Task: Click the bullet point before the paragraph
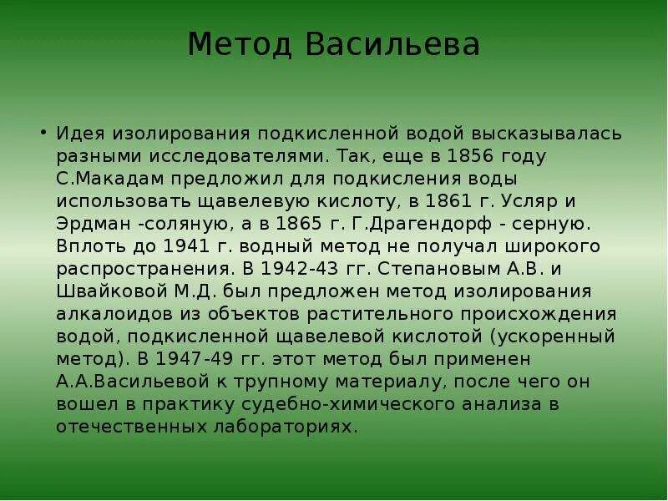[42, 133]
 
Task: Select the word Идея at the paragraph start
[81, 134]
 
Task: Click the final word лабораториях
[279, 427]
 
